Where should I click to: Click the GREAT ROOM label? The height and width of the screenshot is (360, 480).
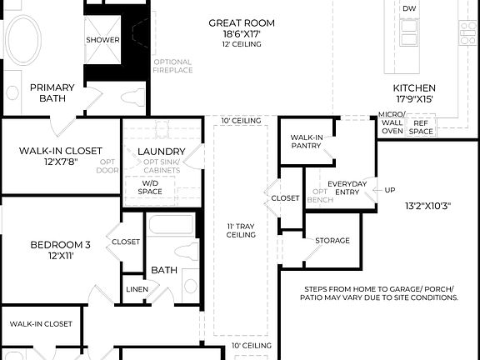tap(242, 22)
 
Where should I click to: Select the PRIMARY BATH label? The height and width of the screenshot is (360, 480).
tap(52, 92)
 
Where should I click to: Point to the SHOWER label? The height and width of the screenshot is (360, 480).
tap(102, 39)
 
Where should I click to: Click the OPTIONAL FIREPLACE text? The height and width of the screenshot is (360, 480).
tap(172, 66)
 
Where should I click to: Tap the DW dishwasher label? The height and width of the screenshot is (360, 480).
tap(409, 8)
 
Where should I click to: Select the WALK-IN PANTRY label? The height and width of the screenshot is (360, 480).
tap(307, 141)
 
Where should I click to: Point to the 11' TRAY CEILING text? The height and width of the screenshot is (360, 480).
tap(241, 230)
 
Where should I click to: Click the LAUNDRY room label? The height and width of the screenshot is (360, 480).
tap(161, 151)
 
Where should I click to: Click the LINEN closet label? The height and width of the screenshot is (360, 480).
tap(137, 289)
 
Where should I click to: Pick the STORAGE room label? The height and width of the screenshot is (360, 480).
tap(332, 241)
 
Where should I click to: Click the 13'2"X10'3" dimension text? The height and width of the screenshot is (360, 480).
tap(427, 205)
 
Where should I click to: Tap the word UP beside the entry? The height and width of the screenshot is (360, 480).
tap(390, 190)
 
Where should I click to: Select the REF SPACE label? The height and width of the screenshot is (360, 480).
tap(420, 127)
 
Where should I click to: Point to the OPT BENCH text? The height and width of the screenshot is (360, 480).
tap(320, 196)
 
